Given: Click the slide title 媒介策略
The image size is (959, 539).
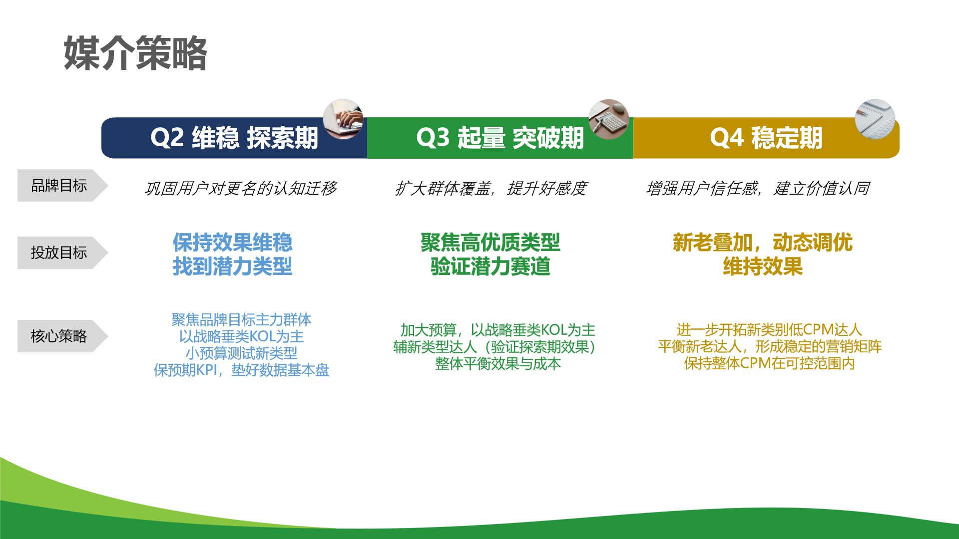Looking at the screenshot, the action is tap(135, 53).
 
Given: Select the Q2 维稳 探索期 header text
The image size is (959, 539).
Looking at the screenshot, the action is tap(234, 138).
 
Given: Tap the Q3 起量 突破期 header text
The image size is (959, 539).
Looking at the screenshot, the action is tap(500, 138).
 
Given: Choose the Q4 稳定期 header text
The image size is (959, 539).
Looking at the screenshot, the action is tap(766, 138).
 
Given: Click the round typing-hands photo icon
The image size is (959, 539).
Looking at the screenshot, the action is tap(343, 119).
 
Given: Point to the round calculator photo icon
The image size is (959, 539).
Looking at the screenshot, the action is tap(609, 119).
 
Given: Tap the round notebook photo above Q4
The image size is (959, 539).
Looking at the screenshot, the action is tap(875, 119).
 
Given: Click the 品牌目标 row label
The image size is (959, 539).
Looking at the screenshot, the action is tap(59, 186).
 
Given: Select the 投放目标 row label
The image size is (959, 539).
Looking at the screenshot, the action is tap(59, 253).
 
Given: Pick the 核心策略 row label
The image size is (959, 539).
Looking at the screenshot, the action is tap(59, 336).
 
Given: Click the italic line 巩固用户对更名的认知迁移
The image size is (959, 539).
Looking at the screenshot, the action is tap(241, 188).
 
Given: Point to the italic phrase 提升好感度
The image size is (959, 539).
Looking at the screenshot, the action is tap(547, 188).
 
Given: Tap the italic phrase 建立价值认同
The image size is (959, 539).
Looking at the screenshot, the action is tap(822, 188).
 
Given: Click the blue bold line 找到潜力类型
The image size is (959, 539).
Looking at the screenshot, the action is tap(232, 267).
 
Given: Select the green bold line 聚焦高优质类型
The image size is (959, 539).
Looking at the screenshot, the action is tap(490, 243).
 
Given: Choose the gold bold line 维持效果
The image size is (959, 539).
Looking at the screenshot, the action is tap(763, 267).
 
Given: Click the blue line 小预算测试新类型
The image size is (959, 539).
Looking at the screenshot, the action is tap(241, 353).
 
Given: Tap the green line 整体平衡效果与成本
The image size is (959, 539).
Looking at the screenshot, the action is tap(498, 364).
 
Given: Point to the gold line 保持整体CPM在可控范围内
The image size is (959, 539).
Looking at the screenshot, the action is tap(769, 363).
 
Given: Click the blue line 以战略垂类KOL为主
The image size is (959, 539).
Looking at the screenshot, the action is tap(241, 336).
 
